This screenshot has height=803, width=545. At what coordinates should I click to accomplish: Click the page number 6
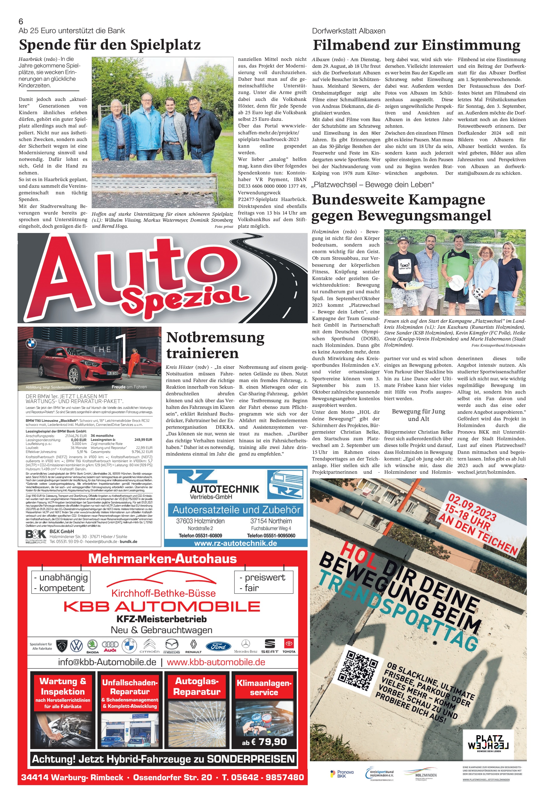tap(21, 21)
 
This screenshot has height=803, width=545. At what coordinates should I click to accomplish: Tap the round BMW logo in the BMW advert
tap(31, 343)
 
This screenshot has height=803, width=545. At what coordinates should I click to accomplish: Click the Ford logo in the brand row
tap(218, 646)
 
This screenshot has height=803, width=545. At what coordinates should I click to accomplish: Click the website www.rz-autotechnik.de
tap(235, 543)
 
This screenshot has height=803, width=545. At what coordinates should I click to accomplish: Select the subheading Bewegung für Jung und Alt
tap(418, 415)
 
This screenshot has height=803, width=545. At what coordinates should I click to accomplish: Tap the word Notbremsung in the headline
tap(215, 338)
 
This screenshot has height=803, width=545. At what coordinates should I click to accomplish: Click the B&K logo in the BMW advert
tap(35, 535)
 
